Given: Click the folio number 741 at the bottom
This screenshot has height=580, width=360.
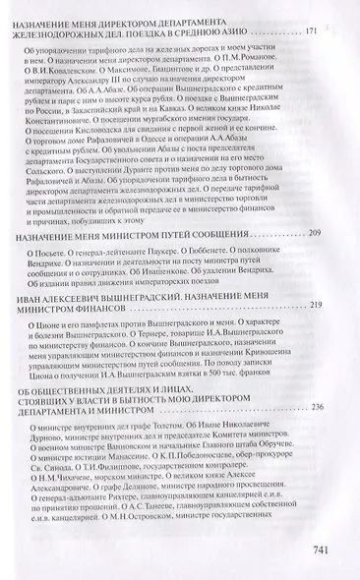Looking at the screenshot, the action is [326, 548].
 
